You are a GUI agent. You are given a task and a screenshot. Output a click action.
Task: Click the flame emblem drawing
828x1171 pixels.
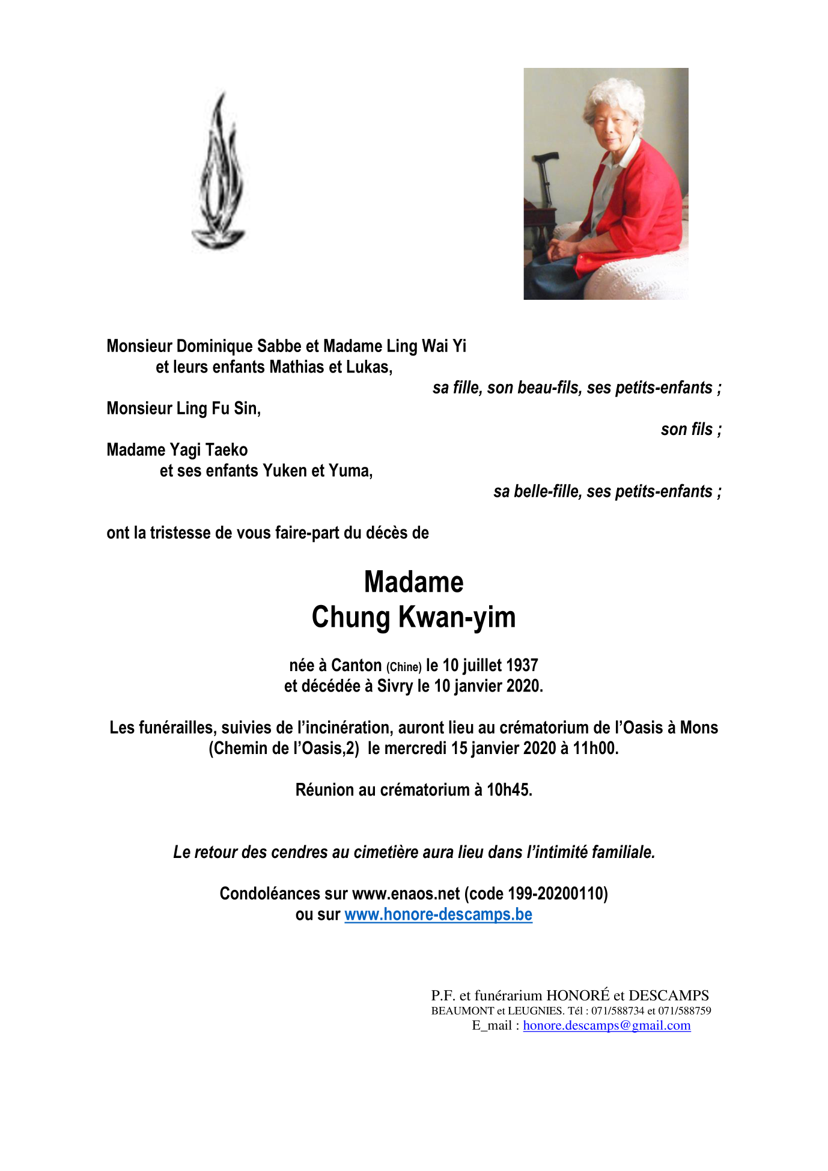click(219, 174)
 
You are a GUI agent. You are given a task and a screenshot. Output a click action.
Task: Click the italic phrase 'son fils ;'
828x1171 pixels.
click(690, 429)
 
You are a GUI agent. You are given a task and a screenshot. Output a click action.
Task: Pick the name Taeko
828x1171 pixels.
click(226, 450)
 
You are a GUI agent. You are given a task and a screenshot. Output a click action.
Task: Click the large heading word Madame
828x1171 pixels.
click(413, 582)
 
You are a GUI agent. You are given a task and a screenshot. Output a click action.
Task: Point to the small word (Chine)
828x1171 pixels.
click(404, 667)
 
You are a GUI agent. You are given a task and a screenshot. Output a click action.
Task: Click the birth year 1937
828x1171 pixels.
click(522, 665)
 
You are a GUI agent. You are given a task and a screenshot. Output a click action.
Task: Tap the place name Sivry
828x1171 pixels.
click(395, 686)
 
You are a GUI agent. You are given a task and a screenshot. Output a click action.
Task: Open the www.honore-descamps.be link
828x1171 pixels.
click(438, 914)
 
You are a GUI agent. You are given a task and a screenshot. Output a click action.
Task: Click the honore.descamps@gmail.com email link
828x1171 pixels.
click(606, 1026)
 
